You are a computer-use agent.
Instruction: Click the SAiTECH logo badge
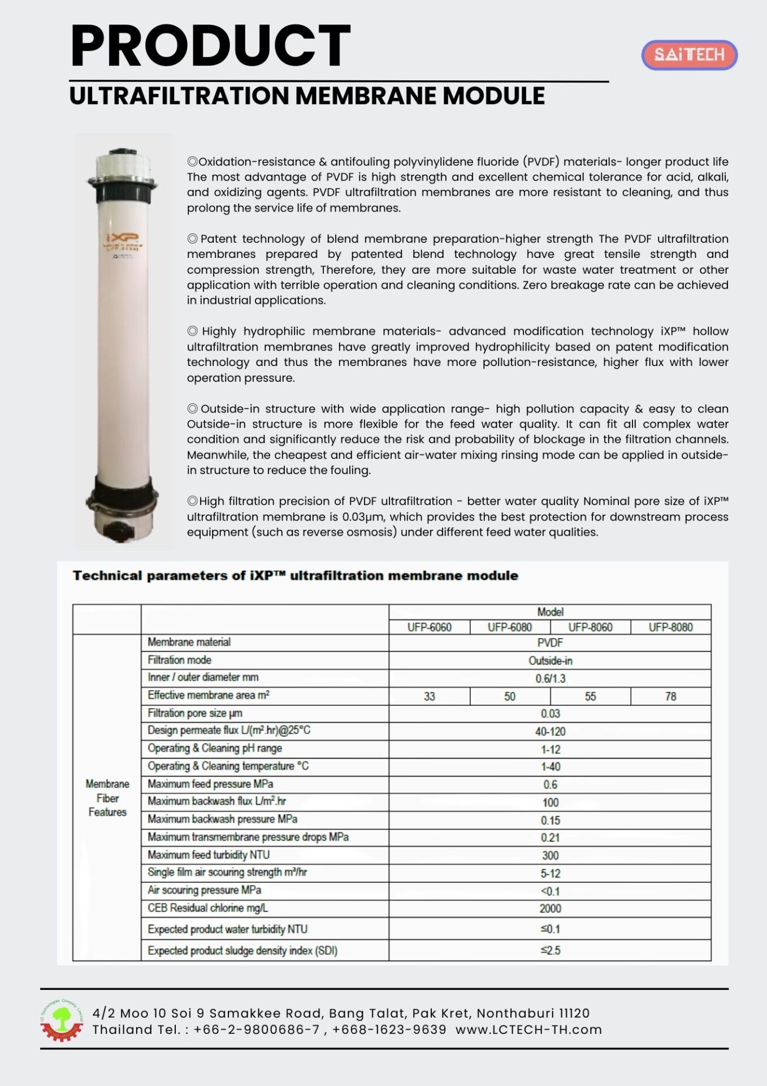[689, 55]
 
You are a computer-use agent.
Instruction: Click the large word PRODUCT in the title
[210, 46]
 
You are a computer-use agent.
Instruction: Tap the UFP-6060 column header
[429, 627]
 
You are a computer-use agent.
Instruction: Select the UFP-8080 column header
[670, 627]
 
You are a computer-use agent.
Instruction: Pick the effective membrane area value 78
[670, 696]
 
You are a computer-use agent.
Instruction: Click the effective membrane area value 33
[429, 696]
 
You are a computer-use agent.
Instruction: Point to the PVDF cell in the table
[549, 643]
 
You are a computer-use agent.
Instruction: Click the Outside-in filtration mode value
[549, 661]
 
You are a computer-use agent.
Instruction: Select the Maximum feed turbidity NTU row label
[209, 855]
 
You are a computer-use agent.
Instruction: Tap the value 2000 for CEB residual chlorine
[549, 908]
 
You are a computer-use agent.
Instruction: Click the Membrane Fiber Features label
[107, 798]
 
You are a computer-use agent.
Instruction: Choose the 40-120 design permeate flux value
[549, 731]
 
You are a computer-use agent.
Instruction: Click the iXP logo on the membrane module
[122, 238]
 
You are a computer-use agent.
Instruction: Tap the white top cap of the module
[122, 164]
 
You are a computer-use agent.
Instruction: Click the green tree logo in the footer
[61, 1020]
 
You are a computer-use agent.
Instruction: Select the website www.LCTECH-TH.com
[528, 1029]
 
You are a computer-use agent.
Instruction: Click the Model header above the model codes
[549, 612]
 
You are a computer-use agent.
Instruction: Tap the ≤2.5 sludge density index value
[549, 950]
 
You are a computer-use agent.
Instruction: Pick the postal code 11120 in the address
[574, 1013]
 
